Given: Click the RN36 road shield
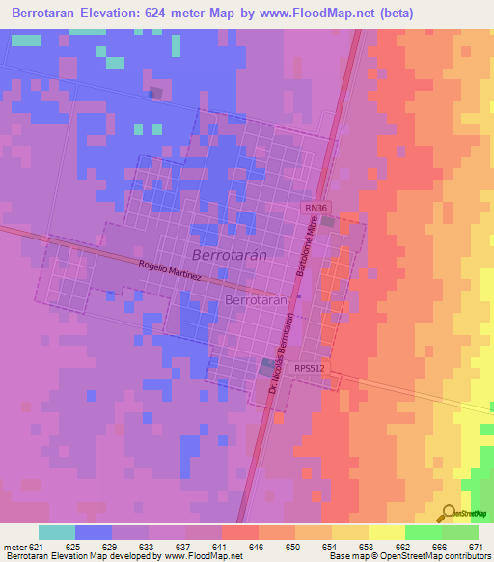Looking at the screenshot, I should click(x=316, y=208).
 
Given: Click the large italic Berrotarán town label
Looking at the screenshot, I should click(x=229, y=256).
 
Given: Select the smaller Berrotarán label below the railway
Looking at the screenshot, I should click(x=258, y=301).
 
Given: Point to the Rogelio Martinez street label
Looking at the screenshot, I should click(x=170, y=269).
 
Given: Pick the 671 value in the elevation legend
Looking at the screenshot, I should click(x=476, y=547).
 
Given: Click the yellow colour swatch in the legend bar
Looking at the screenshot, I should click(x=386, y=532).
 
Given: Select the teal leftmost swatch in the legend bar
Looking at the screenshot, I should click(x=56, y=532).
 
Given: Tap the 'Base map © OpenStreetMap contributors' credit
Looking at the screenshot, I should click(x=410, y=557).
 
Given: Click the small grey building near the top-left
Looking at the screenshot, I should click(x=154, y=93).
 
